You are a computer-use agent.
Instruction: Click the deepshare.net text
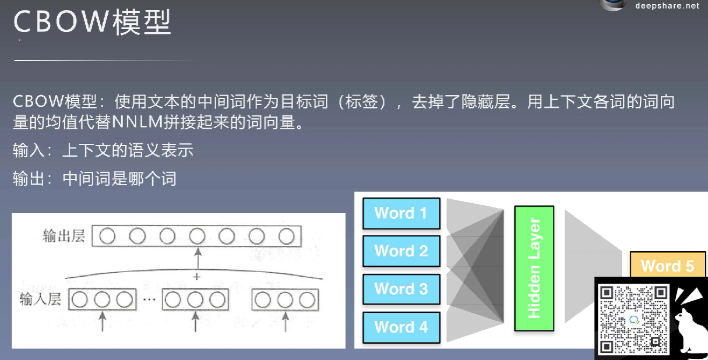click(x=667, y=6)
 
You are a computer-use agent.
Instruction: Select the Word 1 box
click(x=401, y=213)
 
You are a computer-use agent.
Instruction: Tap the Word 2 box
click(x=401, y=251)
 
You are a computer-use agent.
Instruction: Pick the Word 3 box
click(x=401, y=289)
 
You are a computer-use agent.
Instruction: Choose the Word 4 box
click(x=401, y=327)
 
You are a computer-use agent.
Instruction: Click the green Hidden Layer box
click(x=534, y=268)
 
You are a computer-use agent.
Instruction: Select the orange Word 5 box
click(x=667, y=266)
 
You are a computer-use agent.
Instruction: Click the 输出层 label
click(x=64, y=236)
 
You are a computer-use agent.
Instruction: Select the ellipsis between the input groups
click(x=150, y=299)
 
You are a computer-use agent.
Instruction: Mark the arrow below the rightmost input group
click(x=285, y=322)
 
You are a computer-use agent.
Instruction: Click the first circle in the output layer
click(x=107, y=236)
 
